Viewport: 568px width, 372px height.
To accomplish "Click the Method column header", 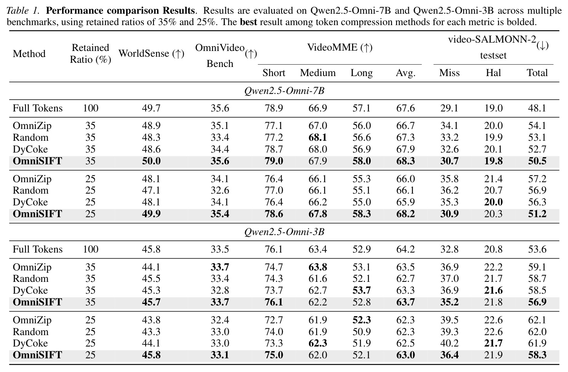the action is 29,54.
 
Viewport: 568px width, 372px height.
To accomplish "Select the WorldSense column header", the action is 151,53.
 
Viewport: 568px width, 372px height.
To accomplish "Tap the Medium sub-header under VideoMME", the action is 318,73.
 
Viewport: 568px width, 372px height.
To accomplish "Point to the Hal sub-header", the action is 493,73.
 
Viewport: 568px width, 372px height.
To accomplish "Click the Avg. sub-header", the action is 405,73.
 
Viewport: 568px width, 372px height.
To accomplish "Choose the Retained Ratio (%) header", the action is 91,54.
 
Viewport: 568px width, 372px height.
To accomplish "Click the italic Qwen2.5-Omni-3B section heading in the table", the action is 284,232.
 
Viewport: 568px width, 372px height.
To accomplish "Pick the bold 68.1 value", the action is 318,138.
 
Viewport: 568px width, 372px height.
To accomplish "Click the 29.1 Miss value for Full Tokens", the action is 449,108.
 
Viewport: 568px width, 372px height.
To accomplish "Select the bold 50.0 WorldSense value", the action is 151,161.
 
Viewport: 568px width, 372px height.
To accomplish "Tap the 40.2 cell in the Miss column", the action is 449,343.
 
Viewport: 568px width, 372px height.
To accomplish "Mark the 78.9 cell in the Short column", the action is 274,108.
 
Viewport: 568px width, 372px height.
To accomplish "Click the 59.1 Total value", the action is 537,267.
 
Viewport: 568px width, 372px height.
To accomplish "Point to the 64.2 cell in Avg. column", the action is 405,250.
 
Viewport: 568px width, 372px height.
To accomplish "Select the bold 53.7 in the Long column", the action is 362,291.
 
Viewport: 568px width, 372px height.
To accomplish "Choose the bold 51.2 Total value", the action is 537,214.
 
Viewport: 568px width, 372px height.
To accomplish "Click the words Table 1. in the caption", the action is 23,11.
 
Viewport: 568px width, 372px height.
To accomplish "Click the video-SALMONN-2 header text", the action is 492,40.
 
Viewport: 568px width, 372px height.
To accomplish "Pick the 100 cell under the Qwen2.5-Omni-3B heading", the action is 91,250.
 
